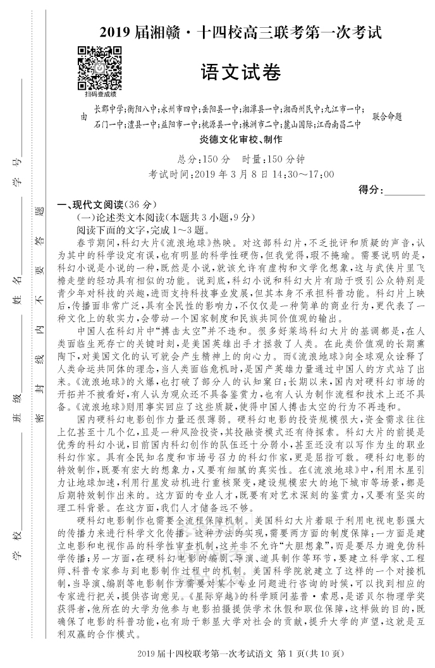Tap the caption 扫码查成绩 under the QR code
click(100, 94)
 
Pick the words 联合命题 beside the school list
click(387, 116)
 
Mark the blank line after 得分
click(405, 190)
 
